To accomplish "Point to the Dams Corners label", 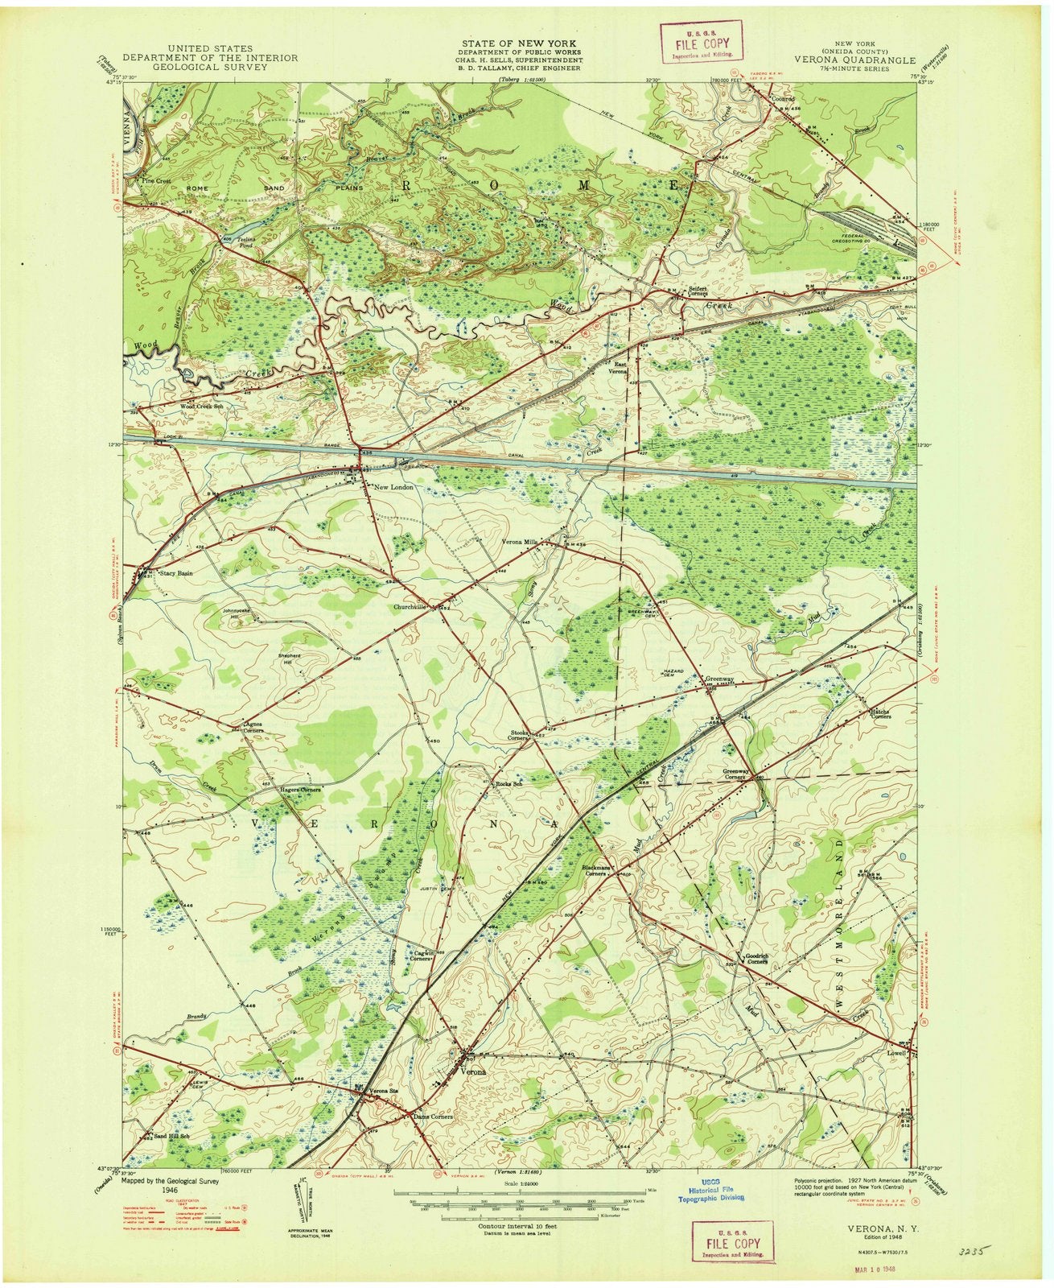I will click(x=433, y=1117).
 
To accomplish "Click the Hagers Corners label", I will click(x=300, y=790).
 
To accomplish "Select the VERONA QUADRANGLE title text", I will click(x=853, y=59).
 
